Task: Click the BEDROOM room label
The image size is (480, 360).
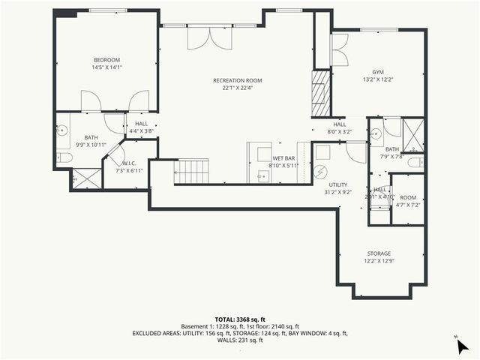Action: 106,60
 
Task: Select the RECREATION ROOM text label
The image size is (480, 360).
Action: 237,80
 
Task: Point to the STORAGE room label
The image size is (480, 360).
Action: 379,253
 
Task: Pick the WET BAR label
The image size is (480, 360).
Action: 283,159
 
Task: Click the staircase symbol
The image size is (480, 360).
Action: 192,171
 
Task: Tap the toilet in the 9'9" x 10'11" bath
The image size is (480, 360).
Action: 64,157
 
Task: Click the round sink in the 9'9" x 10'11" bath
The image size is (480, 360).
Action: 61,130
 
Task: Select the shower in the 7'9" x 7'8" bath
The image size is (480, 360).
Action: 412,134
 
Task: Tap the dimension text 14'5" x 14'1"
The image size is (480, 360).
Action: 106,67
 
